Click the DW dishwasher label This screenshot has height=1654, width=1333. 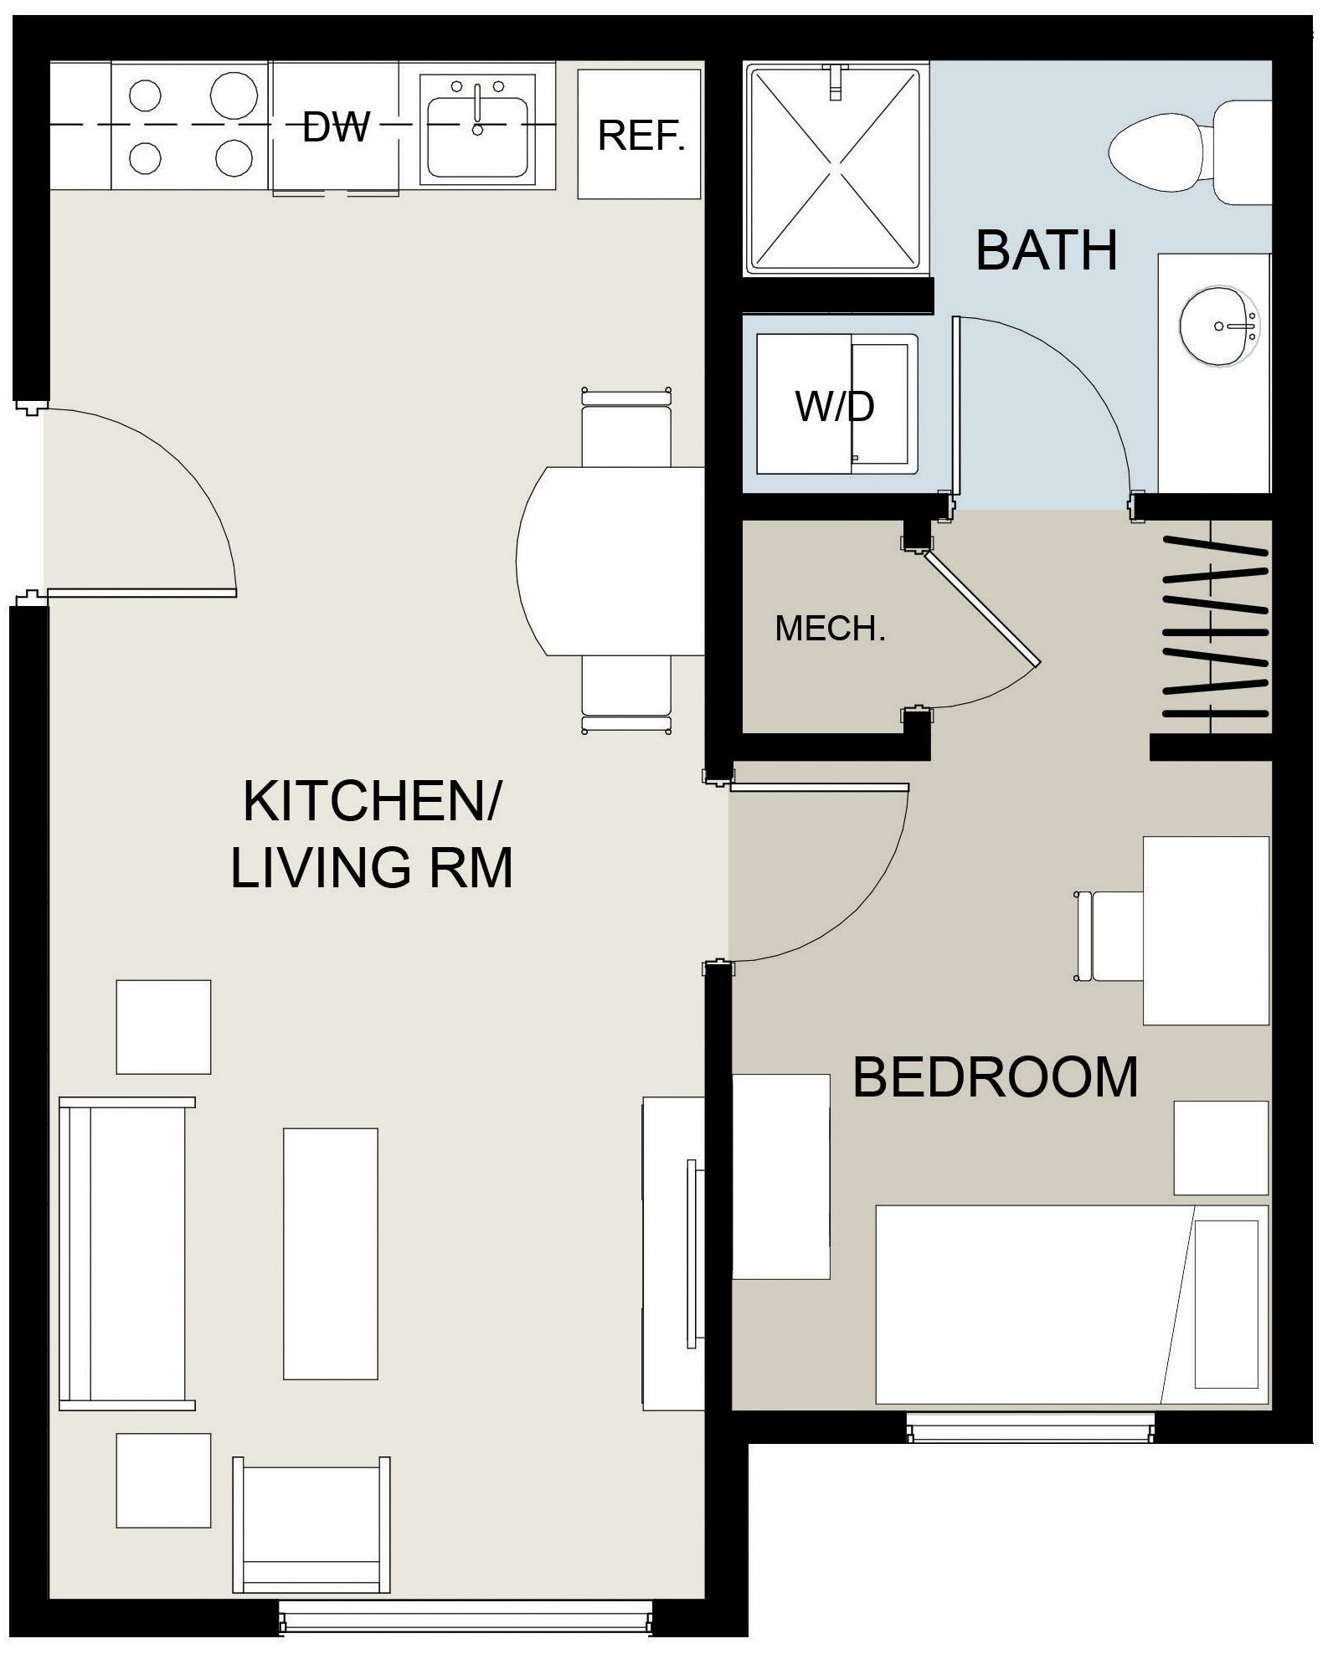point(335,127)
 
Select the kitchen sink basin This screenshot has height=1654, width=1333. point(478,136)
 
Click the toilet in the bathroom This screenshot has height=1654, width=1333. point(1189,152)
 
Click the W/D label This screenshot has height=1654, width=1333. point(835,407)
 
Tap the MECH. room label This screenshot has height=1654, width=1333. point(830,629)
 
